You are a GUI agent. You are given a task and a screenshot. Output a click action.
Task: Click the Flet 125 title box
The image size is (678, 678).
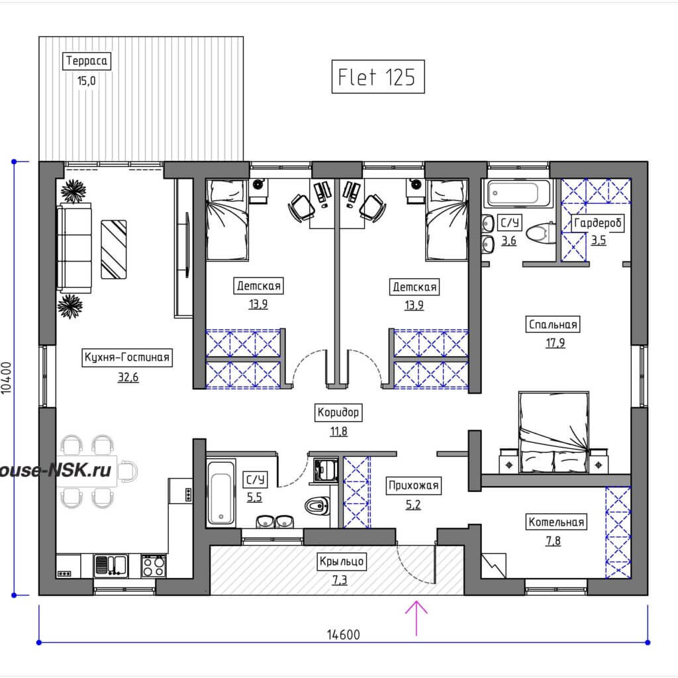tap(378, 77)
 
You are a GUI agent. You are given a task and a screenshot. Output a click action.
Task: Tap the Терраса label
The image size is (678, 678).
tap(87, 60)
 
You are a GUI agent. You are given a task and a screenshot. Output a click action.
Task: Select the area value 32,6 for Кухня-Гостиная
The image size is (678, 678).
tap(128, 377)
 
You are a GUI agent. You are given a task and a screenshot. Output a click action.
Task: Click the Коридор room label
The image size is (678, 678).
tap(338, 412)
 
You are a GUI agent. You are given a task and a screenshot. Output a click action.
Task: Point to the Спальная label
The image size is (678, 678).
tap(553, 324)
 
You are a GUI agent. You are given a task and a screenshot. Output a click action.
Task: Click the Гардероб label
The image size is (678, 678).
tap(598, 223)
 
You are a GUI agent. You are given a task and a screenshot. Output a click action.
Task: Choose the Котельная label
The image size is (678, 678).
tap(556, 522)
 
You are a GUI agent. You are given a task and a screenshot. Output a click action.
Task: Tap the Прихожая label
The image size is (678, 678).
tap(413, 485)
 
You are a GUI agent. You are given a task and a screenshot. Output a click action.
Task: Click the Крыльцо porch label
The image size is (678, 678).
tap(342, 561)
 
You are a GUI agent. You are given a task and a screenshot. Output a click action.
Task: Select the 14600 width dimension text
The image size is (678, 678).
tap(344, 634)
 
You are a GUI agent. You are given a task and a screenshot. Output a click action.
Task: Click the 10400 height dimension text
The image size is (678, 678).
tap(7, 377)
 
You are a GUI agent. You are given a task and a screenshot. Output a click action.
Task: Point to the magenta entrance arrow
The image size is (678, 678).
tap(416, 618)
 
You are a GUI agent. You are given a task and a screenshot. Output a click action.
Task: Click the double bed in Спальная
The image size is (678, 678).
tap(554, 432)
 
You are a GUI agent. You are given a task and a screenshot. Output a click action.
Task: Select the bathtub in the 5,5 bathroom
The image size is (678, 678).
tap(221, 493)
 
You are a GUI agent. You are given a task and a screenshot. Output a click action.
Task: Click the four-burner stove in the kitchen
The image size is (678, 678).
tap(154, 566)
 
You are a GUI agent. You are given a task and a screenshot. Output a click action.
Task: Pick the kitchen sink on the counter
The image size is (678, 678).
tap(111, 566)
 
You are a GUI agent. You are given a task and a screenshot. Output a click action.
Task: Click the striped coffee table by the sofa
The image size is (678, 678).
tap(114, 250)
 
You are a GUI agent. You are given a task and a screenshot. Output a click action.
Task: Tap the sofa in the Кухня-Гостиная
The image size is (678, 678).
tap(74, 248)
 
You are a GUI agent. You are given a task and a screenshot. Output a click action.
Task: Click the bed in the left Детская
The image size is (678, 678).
tap(228, 220)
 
